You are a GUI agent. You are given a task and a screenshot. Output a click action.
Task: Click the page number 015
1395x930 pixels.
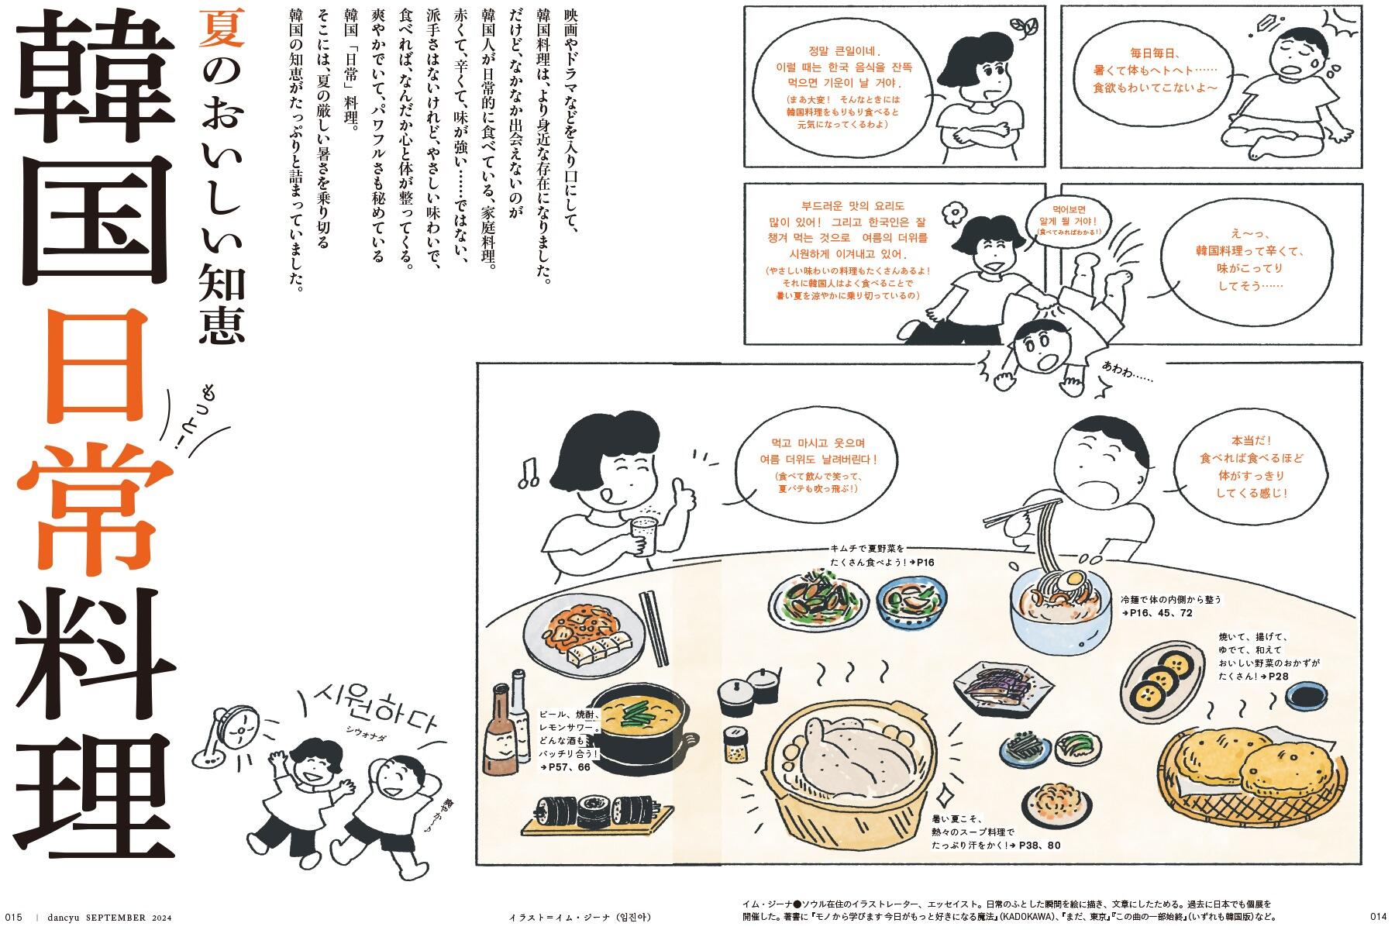pyautogui.click(x=15, y=917)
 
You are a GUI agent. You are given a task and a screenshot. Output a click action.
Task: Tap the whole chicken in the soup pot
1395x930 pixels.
pyautogui.click(x=844, y=763)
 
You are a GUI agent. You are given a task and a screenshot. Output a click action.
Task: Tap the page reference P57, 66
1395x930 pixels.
pyautogui.click(x=567, y=767)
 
